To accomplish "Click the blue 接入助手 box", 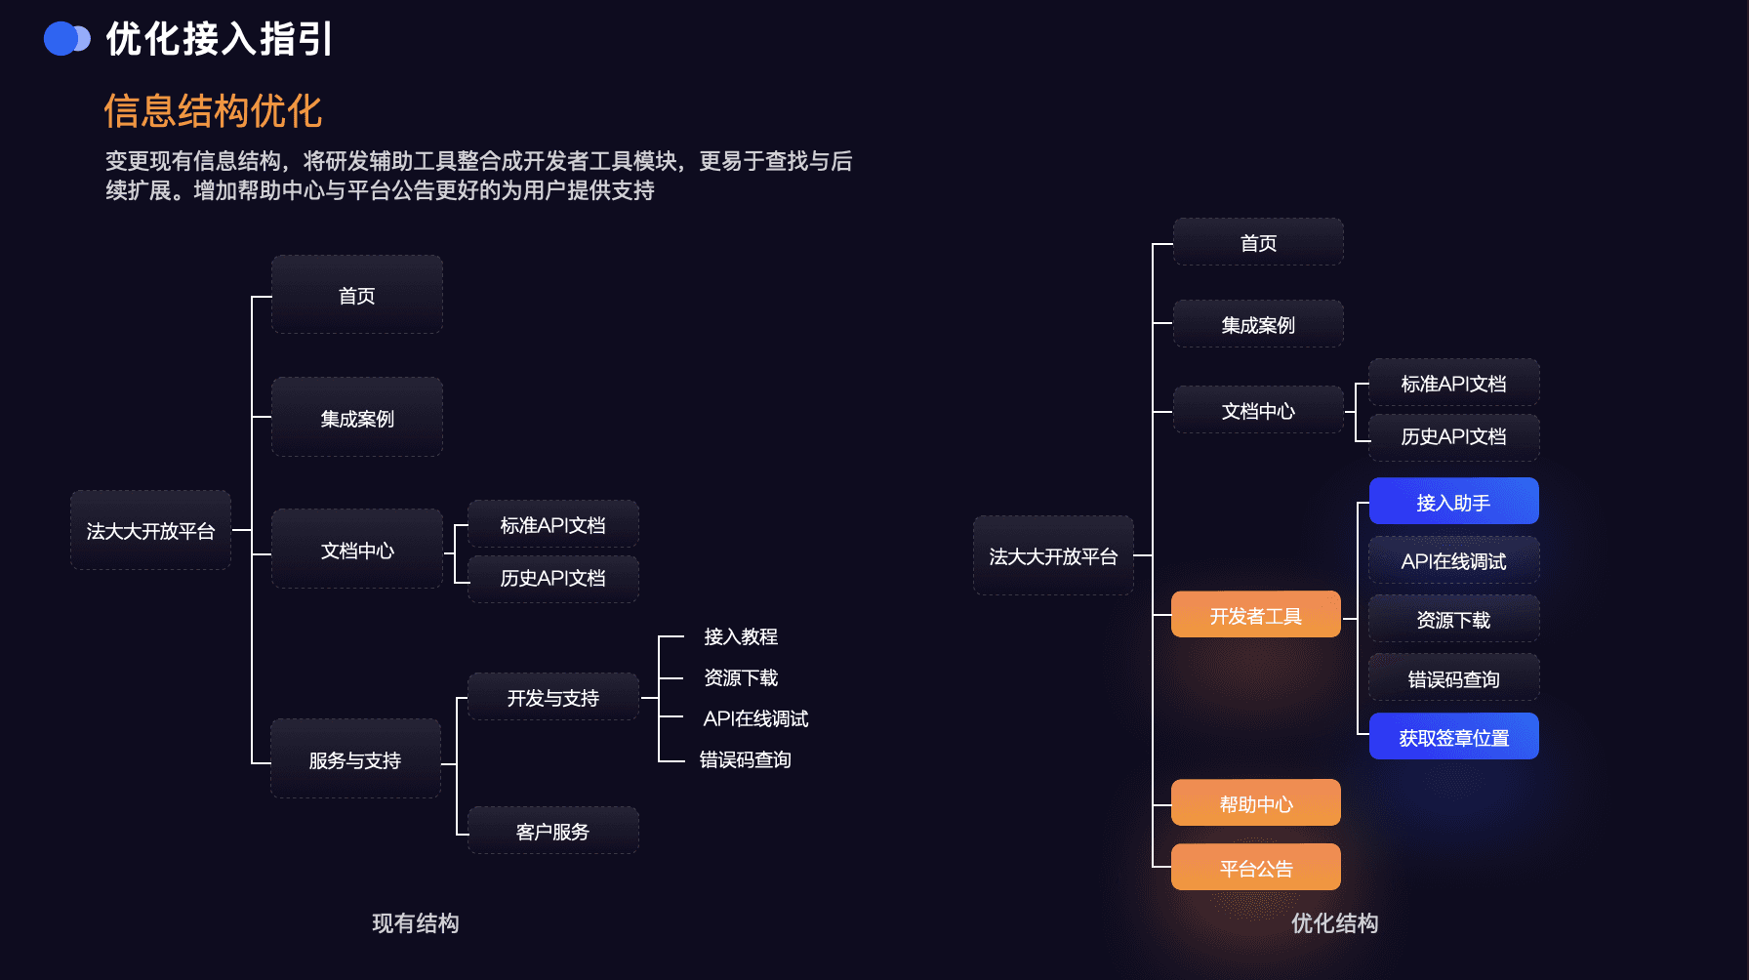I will click(x=1453, y=502).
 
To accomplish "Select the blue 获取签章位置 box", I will click(x=1453, y=737).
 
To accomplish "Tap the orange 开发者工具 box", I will click(x=1255, y=615).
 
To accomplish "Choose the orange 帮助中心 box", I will click(x=1255, y=803).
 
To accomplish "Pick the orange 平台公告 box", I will click(x=1255, y=868).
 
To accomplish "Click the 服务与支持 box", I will click(x=355, y=759).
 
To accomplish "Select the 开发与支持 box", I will click(x=552, y=697).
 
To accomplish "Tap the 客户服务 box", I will click(x=552, y=831).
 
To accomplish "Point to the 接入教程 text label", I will click(x=741, y=636).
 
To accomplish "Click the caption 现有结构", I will click(x=415, y=922).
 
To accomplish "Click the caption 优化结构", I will click(x=1334, y=922).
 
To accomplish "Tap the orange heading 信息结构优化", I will click(x=213, y=111).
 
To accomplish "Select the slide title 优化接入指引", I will click(x=220, y=39).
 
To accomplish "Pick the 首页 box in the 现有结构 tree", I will click(x=356, y=295).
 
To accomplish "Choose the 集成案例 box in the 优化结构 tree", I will click(x=1257, y=324).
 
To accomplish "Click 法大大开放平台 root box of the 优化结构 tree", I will click(x=1053, y=555).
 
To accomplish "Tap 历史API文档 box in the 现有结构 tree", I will click(x=552, y=578).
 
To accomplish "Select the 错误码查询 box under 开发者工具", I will click(x=1453, y=678).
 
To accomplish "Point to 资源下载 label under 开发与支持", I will click(x=741, y=677).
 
